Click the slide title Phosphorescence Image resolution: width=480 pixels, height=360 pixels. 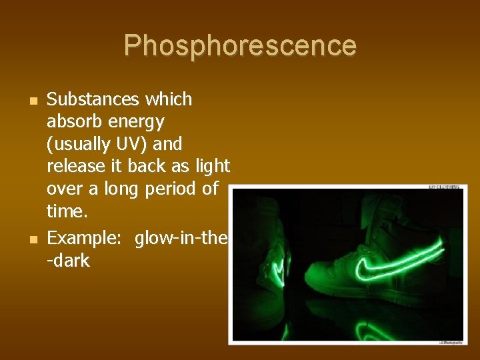(x=240, y=46)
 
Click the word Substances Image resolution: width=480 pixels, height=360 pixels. (x=93, y=100)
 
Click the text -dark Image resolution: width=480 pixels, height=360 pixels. (x=68, y=260)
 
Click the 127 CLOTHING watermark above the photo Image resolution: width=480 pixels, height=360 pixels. (x=444, y=187)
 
